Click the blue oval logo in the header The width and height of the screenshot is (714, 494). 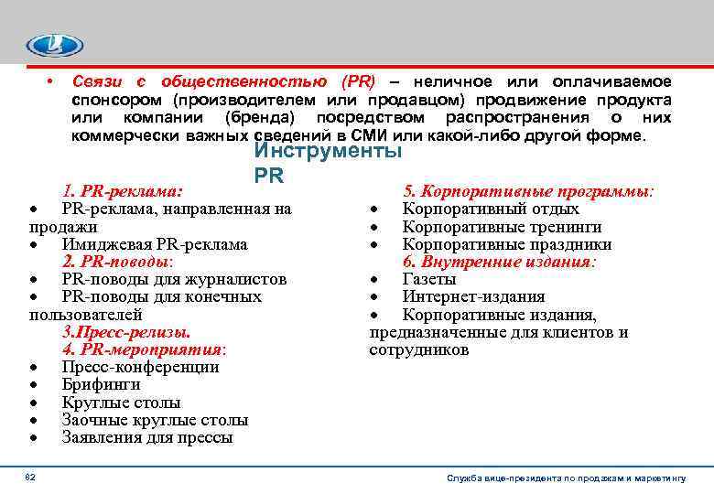[x=55, y=46]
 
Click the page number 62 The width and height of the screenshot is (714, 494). [x=30, y=477]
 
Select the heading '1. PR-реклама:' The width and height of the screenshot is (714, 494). [x=123, y=192]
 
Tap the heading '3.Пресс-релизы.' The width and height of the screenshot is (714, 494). [x=126, y=332]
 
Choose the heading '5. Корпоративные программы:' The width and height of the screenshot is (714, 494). [x=528, y=192]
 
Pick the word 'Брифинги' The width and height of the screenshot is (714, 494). [x=95, y=385]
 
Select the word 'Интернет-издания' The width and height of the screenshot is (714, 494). [x=474, y=296]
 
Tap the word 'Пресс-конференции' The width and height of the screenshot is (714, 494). [x=141, y=367]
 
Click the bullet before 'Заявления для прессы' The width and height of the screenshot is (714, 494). [x=34, y=438]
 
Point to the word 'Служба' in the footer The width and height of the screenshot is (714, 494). [x=465, y=478]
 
